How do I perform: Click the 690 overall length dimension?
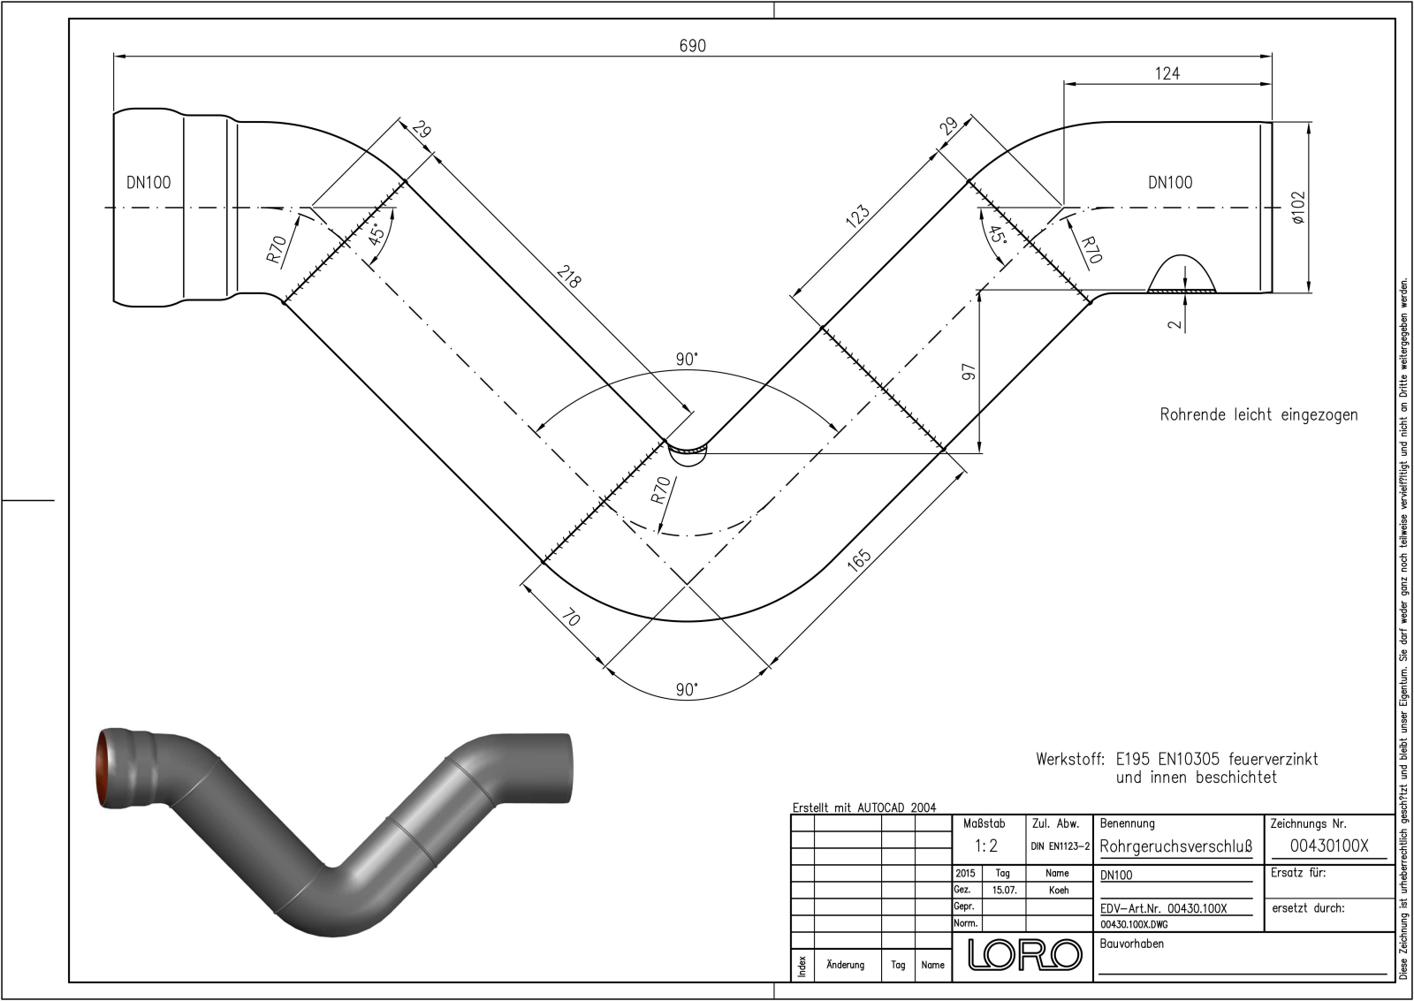693,46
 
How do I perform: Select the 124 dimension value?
1167,74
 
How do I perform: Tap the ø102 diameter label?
1298,207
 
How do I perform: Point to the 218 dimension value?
568,277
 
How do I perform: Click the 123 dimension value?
857,216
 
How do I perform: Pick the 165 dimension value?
858,560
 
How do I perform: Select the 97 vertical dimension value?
969,372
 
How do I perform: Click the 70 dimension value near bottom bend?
570,618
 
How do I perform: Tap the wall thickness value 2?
1175,324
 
